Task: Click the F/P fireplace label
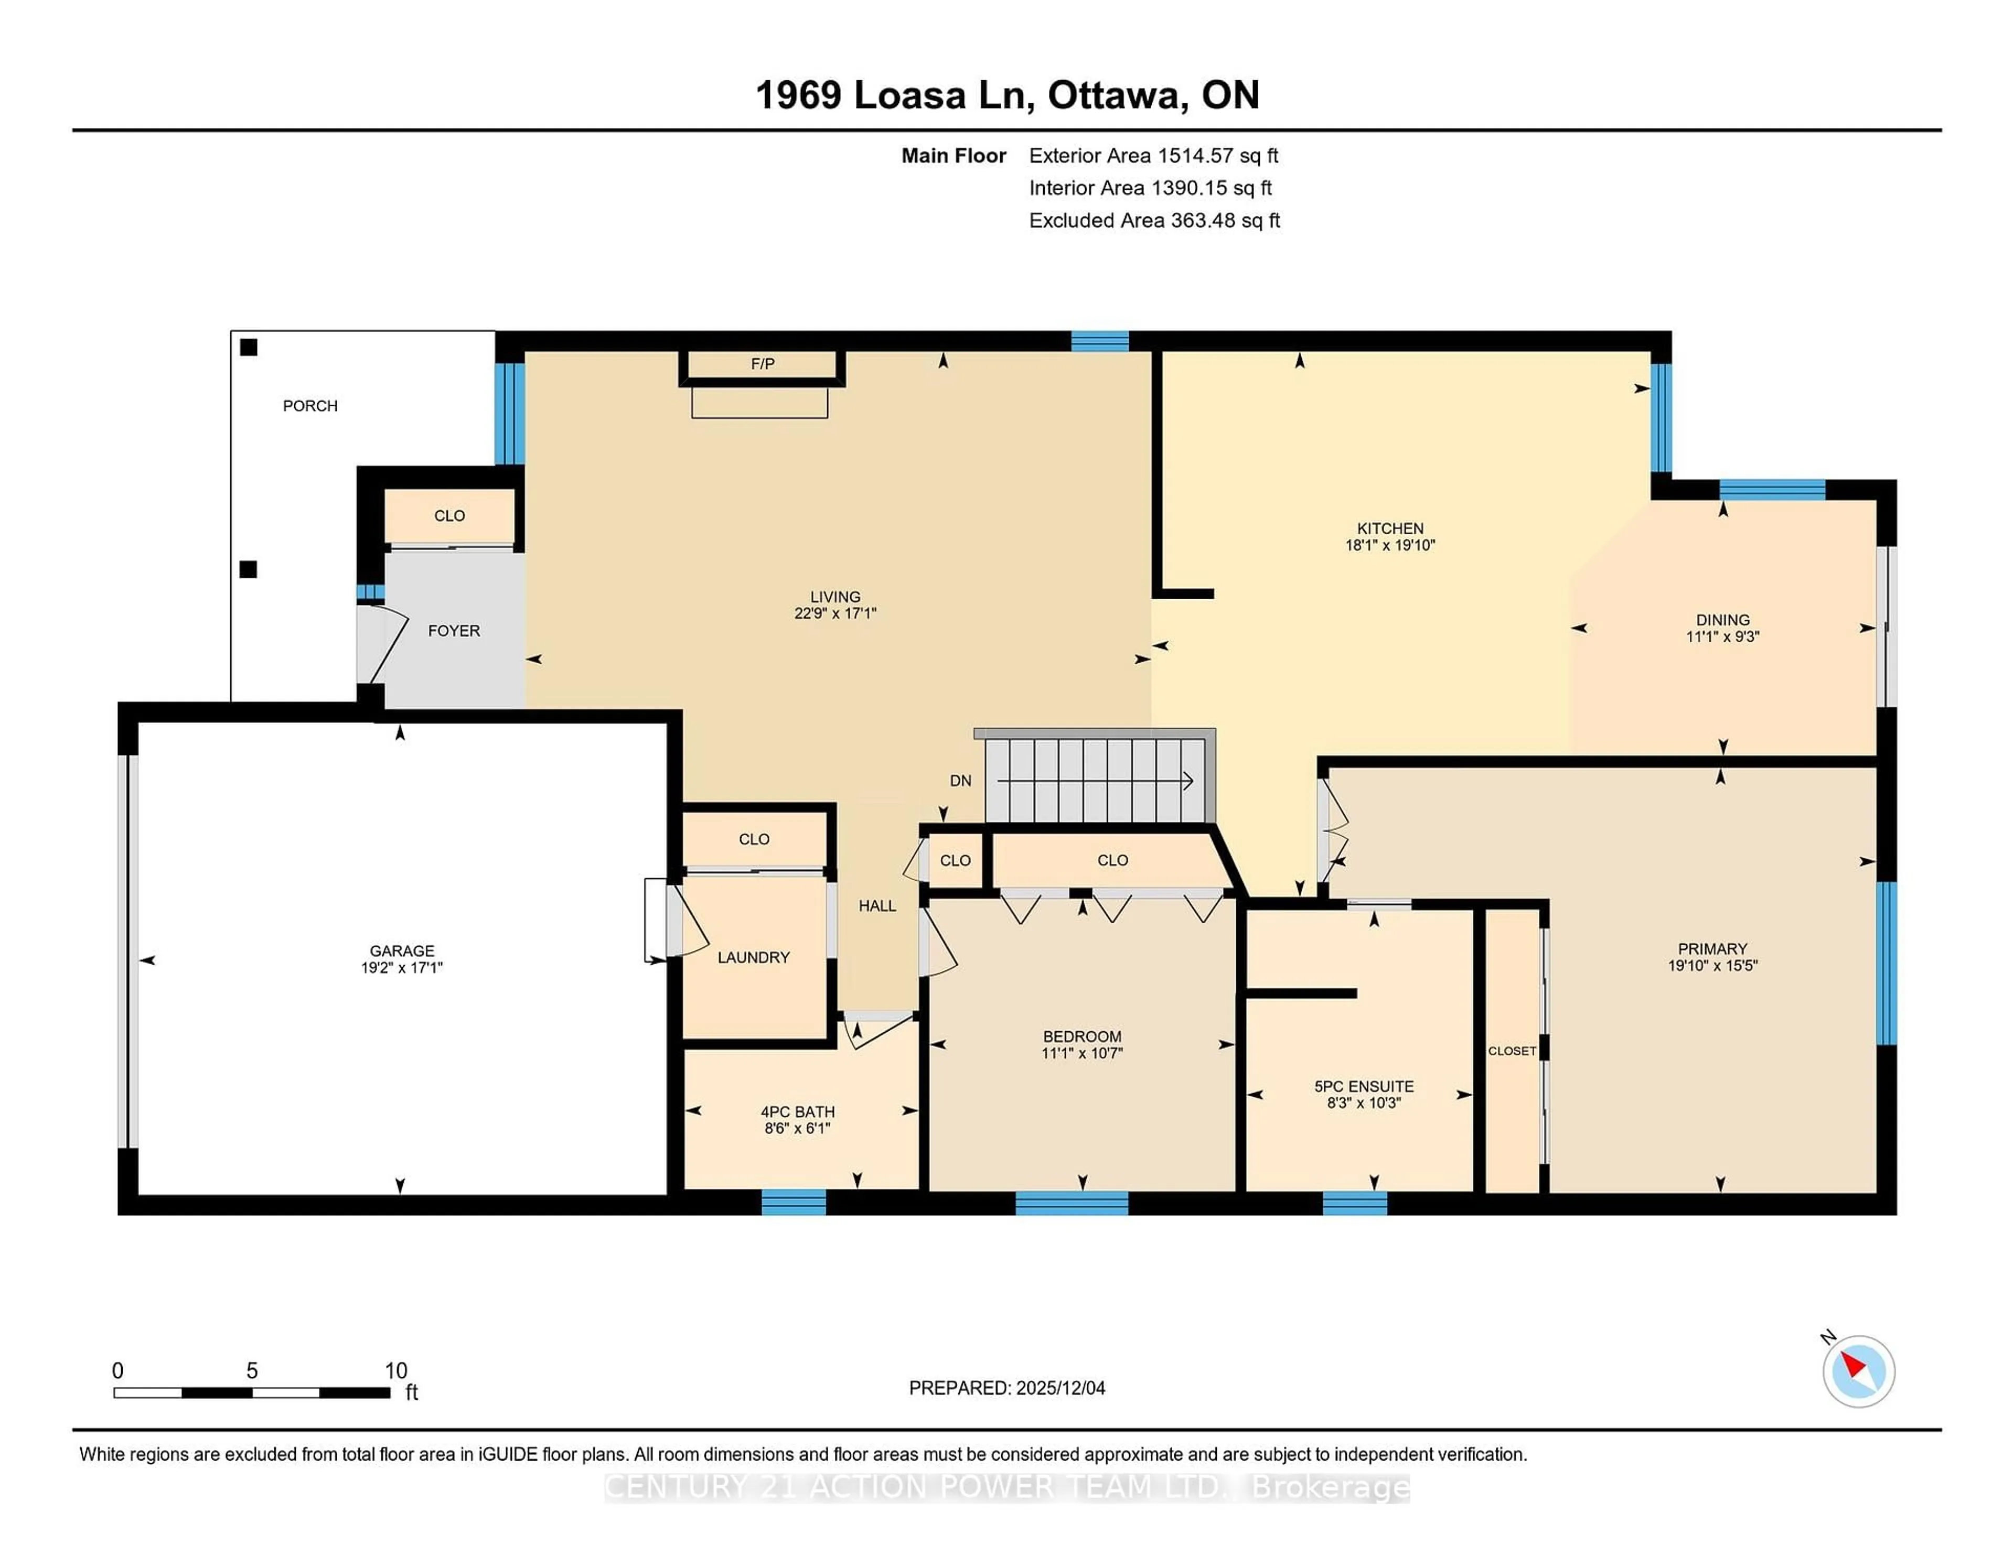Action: click(x=762, y=364)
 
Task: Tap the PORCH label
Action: click(x=310, y=406)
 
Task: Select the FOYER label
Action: click(x=454, y=631)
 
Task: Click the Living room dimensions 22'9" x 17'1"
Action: click(x=834, y=613)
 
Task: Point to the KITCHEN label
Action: click(x=1390, y=528)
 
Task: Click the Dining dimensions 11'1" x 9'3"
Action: click(x=1722, y=636)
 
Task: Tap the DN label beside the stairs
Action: click(x=960, y=781)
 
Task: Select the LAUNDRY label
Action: click(x=753, y=958)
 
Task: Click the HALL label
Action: click(x=877, y=906)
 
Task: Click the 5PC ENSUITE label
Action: click(x=1363, y=1087)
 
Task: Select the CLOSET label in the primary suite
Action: click(x=1512, y=1051)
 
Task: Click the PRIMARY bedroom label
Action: click(x=1711, y=948)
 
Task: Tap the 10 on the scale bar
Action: click(x=395, y=1371)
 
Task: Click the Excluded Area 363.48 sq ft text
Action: click(x=1154, y=220)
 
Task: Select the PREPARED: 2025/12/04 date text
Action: click(x=1006, y=1388)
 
